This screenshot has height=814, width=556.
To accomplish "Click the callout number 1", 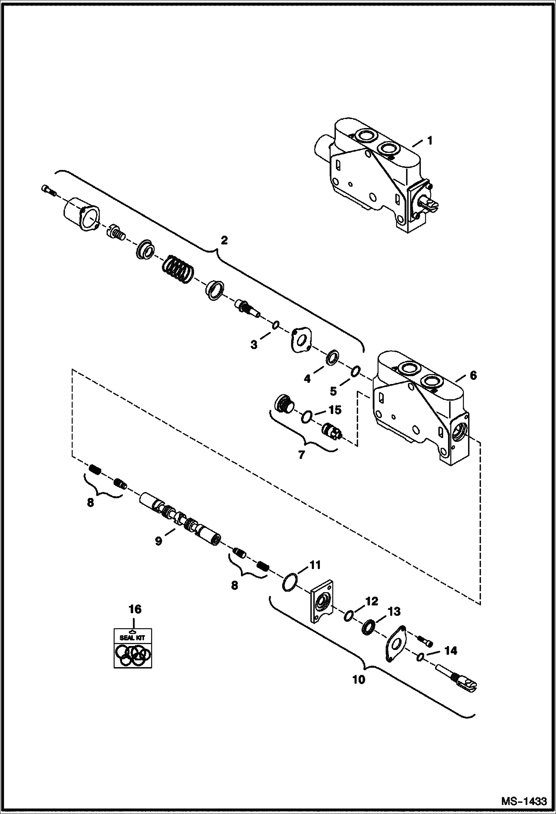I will point(429,141).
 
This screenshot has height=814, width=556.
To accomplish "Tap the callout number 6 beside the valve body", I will point(473,375).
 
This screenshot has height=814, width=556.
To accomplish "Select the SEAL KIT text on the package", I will point(132,638).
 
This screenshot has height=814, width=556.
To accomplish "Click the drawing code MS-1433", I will point(524,800).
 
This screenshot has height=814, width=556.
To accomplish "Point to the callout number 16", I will point(135,609).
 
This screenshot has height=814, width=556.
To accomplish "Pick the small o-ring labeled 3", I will point(275,325).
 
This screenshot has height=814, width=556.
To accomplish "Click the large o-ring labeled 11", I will point(290,583).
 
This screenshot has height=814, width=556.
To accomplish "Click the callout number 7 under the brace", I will point(301,454).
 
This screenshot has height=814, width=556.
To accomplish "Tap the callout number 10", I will point(359,679).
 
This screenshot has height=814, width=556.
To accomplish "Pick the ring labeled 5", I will point(355,371).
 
